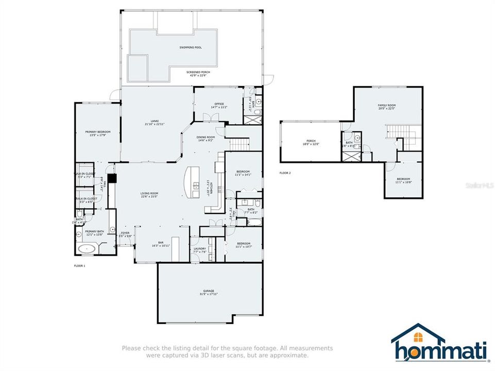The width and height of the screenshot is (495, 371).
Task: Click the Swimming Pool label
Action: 190,47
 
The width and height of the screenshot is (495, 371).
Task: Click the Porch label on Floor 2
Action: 311,143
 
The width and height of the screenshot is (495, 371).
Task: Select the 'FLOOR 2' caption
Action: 285,173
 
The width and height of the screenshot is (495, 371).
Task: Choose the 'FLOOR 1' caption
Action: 80,265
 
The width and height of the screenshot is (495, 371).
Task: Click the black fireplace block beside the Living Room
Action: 113,178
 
